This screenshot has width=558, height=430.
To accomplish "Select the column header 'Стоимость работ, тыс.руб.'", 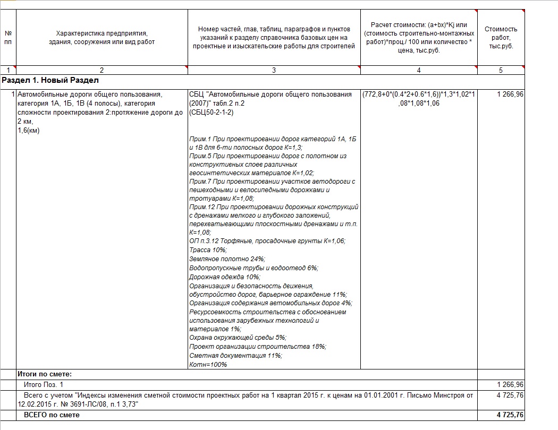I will click(501, 38).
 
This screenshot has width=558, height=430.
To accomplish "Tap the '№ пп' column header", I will click(7, 38).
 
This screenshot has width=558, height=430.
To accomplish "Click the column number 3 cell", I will click(274, 70).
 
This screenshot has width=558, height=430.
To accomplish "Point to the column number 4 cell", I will click(418, 70).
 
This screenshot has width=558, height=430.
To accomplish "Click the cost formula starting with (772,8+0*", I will click(419, 99).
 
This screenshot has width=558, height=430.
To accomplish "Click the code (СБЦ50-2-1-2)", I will click(212, 113).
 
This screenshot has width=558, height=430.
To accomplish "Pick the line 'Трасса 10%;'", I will click(208, 250).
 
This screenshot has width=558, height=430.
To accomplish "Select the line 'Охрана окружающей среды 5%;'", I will click(238, 337).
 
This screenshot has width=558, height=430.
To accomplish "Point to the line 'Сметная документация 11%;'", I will click(235, 355).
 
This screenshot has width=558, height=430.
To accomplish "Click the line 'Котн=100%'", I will click(208, 364).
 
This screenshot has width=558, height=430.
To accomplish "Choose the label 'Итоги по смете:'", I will click(45, 374).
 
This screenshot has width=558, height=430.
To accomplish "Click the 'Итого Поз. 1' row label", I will click(44, 384).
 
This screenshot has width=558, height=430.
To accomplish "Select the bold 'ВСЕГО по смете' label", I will click(52, 415).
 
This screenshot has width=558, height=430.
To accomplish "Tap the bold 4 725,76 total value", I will click(509, 415).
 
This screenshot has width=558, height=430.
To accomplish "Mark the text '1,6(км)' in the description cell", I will click(29, 131).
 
